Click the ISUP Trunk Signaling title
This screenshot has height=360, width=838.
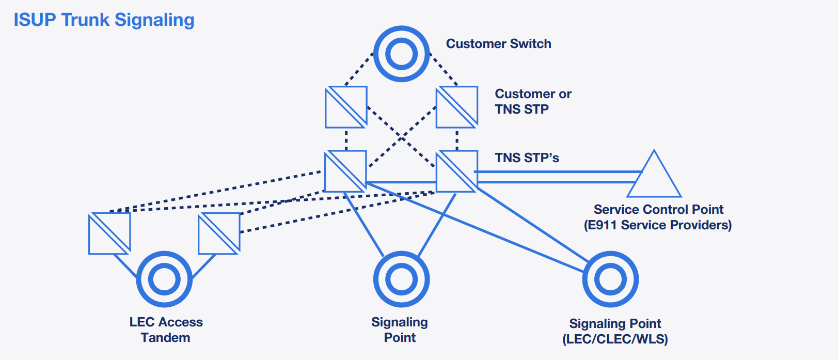[x=104, y=20]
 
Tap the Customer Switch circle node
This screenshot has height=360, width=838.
[x=401, y=54]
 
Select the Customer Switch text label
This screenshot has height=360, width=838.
[x=498, y=44]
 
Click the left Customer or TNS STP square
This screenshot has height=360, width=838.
[x=346, y=107]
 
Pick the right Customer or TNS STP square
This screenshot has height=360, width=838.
[x=456, y=107]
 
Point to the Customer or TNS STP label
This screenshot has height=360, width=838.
[x=532, y=102]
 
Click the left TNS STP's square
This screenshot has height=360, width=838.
[x=345, y=171]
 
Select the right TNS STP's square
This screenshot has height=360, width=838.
[x=456, y=171]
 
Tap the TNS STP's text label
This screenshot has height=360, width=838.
[x=527, y=158]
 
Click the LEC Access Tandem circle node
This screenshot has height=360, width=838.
[x=164, y=279]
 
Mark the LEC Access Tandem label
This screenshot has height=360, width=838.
[x=166, y=330]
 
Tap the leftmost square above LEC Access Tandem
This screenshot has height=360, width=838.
[x=109, y=233]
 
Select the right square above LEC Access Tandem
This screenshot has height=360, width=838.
[x=219, y=233]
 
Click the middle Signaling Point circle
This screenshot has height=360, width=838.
[x=401, y=279]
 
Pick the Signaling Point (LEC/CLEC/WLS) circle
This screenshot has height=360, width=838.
[x=610, y=279]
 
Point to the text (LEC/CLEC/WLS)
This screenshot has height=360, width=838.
[x=615, y=339]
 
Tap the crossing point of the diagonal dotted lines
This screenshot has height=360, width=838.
[x=401, y=138]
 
